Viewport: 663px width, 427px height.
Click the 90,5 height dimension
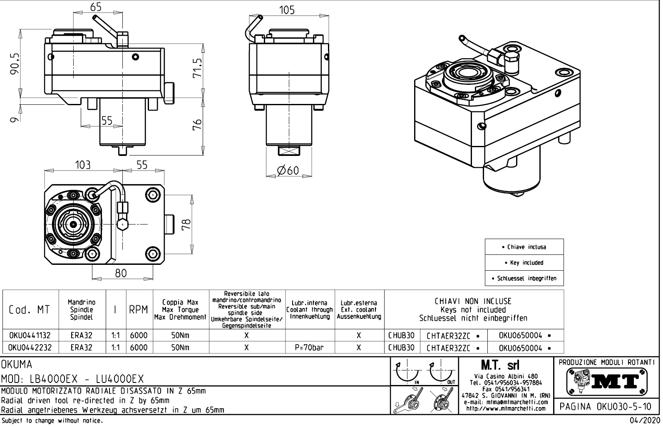15,62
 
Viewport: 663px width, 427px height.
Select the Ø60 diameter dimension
288,170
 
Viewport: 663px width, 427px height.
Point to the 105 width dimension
287,10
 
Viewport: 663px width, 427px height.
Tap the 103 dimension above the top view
83,165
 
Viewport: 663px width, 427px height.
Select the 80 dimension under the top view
121,273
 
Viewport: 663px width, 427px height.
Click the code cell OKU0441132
30,336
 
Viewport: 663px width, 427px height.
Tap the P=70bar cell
309,348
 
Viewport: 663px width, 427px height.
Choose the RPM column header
139,310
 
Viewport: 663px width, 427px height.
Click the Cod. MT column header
29,310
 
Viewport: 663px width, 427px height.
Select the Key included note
524,263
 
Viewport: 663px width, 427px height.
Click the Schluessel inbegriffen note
524,278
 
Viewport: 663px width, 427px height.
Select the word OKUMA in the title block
17,365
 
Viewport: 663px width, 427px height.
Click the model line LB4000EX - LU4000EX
72,379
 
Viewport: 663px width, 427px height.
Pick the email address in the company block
505,402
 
